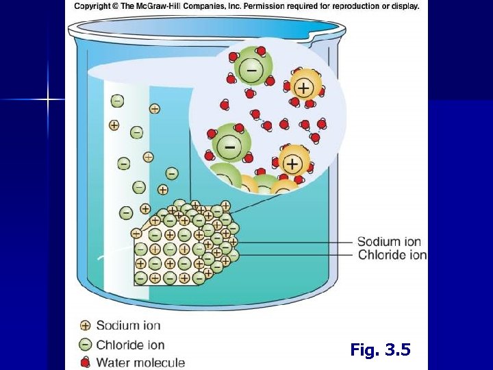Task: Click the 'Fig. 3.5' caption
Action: [x=380, y=350]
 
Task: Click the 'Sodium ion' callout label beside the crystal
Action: [x=389, y=242]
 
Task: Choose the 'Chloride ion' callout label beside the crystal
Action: [x=392, y=255]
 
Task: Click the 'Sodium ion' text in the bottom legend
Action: [x=128, y=325]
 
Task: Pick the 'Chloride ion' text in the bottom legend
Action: [x=130, y=344]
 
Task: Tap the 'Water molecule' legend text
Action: [x=140, y=362]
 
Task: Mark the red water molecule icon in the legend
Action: [x=86, y=362]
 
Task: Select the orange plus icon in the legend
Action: [x=86, y=326]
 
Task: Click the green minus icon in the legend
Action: [x=86, y=344]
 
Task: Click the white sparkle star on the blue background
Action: [x=48, y=100]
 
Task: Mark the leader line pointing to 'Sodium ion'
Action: [x=294, y=242]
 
